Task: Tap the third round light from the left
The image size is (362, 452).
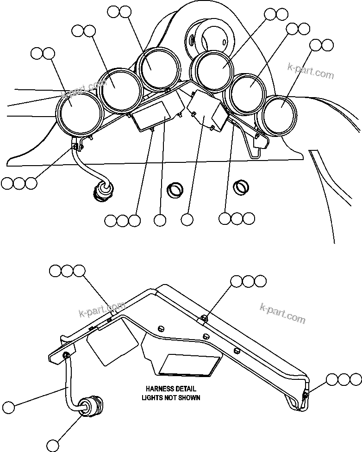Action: coord(158,68)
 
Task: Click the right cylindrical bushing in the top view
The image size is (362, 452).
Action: coord(241,186)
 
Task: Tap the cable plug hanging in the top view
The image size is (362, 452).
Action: coord(102,190)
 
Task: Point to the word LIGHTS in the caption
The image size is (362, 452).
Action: coord(151,397)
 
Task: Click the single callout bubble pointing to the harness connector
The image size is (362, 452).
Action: coord(54,446)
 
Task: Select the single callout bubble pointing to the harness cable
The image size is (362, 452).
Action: coord(8,408)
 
